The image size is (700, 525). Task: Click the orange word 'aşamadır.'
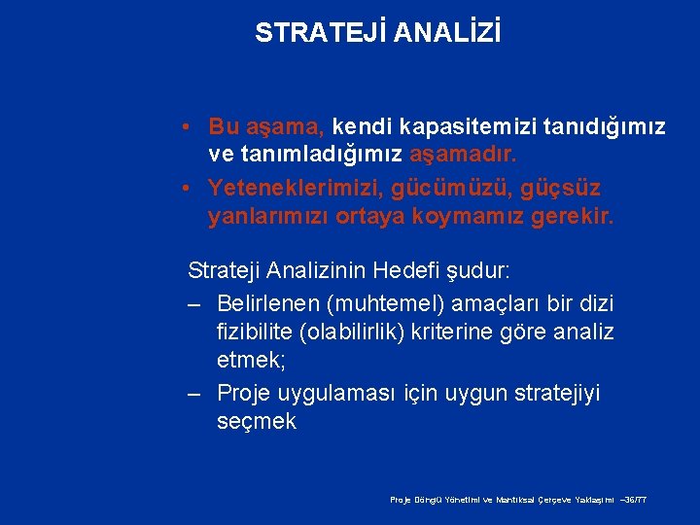(x=464, y=154)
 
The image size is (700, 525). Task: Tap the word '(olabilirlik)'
(x=362, y=332)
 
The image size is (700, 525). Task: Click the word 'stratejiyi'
(x=555, y=393)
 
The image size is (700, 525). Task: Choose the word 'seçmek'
(x=256, y=422)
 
